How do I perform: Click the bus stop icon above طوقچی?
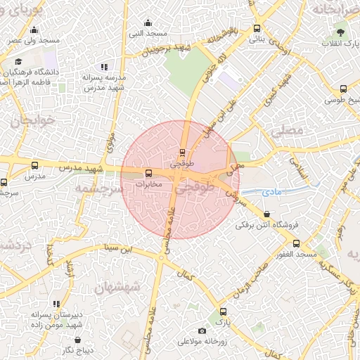tap(183, 152)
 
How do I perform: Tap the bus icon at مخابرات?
tap(148, 173)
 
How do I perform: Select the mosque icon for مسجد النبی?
tap(147, 22)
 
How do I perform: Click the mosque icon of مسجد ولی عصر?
tap(34, 30)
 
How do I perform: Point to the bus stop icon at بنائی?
tap(257, 30)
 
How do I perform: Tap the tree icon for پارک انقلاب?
tap(340, 32)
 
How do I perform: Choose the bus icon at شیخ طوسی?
tap(343, 89)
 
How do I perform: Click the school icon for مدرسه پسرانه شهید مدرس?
tap(105, 67)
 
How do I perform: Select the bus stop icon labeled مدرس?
tap(35, 165)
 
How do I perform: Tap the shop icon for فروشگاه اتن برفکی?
tap(266, 214)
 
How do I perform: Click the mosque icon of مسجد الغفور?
tap(296, 243)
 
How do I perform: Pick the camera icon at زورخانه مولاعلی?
tap(202, 330)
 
